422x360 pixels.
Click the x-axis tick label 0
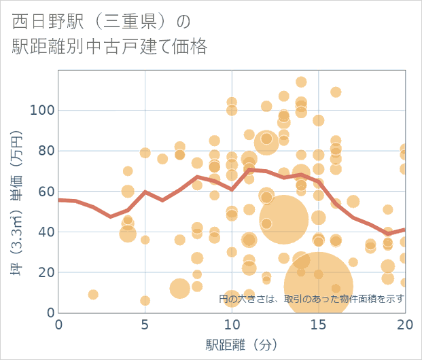coord(59,325)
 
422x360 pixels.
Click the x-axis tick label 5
coord(145,325)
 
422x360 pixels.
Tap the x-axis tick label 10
coord(232,325)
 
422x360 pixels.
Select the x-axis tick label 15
coord(318,325)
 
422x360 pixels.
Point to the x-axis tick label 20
coord(404,325)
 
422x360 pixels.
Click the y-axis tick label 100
coord(43,110)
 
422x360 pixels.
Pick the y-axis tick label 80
coord(46,151)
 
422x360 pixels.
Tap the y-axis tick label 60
coord(46,192)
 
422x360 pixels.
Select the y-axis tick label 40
coord(46,232)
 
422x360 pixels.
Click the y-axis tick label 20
coord(46,272)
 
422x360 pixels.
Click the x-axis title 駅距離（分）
coord(232,344)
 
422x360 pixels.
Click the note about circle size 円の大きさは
coord(312,298)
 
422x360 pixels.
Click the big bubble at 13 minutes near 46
coord(284,219)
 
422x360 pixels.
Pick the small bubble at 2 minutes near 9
coord(93,295)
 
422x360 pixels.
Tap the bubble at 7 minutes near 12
coord(179,288)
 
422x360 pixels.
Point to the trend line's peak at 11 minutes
coord(249,169)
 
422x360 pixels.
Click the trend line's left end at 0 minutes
coord(60,200)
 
